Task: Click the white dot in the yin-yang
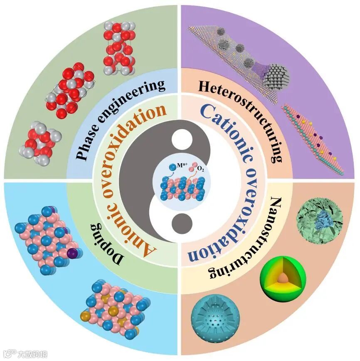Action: coord(180,138)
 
